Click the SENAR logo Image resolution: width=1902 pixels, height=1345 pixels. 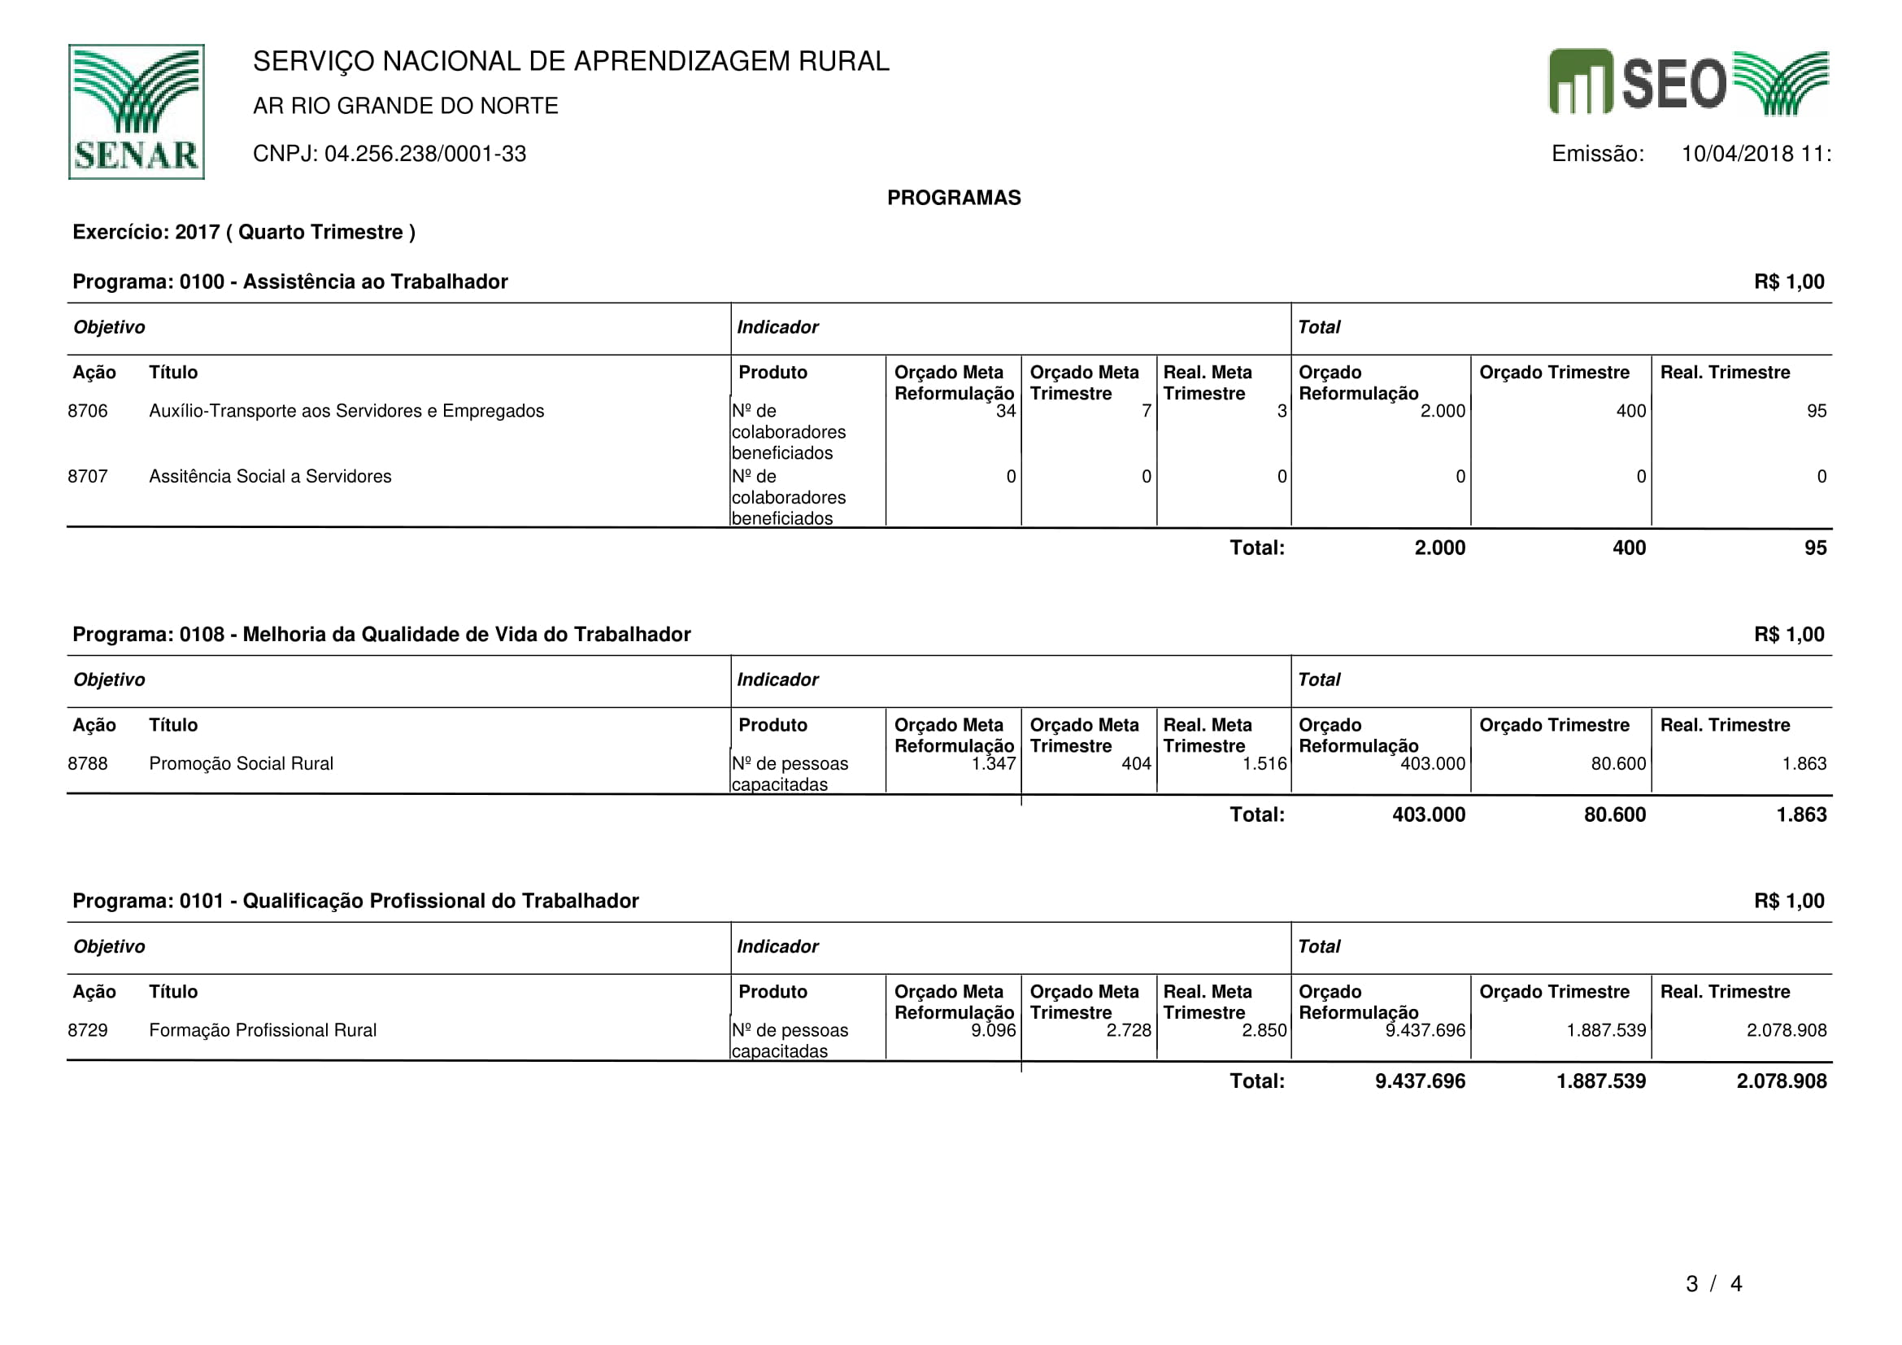pyautogui.click(x=136, y=111)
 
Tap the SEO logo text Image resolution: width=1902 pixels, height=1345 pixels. pyautogui.click(x=1673, y=83)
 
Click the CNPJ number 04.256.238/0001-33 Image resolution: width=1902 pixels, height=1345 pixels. pyautogui.click(x=424, y=154)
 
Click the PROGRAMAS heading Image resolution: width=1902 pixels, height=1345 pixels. pyautogui.click(x=954, y=198)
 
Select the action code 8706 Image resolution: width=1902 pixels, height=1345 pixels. pyautogui.click(x=88, y=411)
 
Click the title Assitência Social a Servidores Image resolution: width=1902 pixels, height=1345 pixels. pyautogui.click(x=270, y=477)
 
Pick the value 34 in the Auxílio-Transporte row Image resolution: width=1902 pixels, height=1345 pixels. pyautogui.click(x=1005, y=411)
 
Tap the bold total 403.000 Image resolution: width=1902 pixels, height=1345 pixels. pyautogui.click(x=1428, y=814)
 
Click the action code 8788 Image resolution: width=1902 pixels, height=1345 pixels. pyautogui.click(x=88, y=763)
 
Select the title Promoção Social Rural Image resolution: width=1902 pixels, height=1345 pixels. pyautogui.click(x=241, y=763)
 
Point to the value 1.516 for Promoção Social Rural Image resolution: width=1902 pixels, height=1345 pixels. pyautogui.click(x=1264, y=763)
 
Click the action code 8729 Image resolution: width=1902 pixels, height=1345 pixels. pyautogui.click(x=88, y=1030)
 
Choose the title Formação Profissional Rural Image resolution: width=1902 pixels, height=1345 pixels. pyautogui.click(x=263, y=1030)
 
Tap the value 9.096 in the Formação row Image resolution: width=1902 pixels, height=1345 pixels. pyautogui.click(x=993, y=1030)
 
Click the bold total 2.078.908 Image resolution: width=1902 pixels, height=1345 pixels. pyautogui.click(x=1781, y=1081)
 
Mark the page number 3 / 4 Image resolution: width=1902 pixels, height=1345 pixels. pyautogui.click(x=1713, y=1284)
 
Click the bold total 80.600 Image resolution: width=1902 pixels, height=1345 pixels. pyautogui.click(x=1615, y=814)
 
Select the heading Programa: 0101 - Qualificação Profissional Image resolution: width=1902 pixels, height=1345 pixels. pyautogui.click(x=355, y=901)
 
